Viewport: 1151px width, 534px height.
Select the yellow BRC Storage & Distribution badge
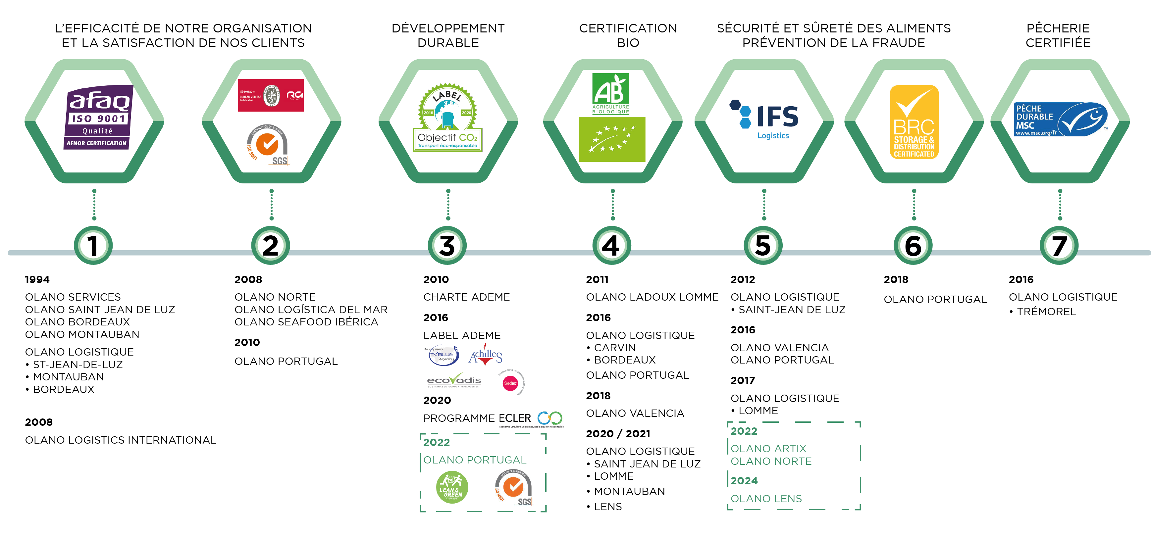pos(914,122)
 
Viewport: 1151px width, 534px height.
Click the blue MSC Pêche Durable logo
pos(1060,120)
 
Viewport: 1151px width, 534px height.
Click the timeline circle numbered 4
pos(611,246)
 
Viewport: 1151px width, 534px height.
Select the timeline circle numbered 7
pos(1059,246)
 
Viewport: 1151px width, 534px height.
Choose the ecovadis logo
pos(454,381)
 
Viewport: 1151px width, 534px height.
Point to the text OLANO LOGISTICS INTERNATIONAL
pos(121,440)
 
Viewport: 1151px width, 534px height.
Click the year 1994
pos(37,279)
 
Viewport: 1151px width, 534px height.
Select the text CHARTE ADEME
pos(466,297)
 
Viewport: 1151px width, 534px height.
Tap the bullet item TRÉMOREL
pos(1046,312)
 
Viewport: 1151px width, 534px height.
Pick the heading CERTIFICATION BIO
pos(628,35)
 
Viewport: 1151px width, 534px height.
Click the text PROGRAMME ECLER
pos(477,418)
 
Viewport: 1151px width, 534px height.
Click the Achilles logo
pos(485,356)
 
